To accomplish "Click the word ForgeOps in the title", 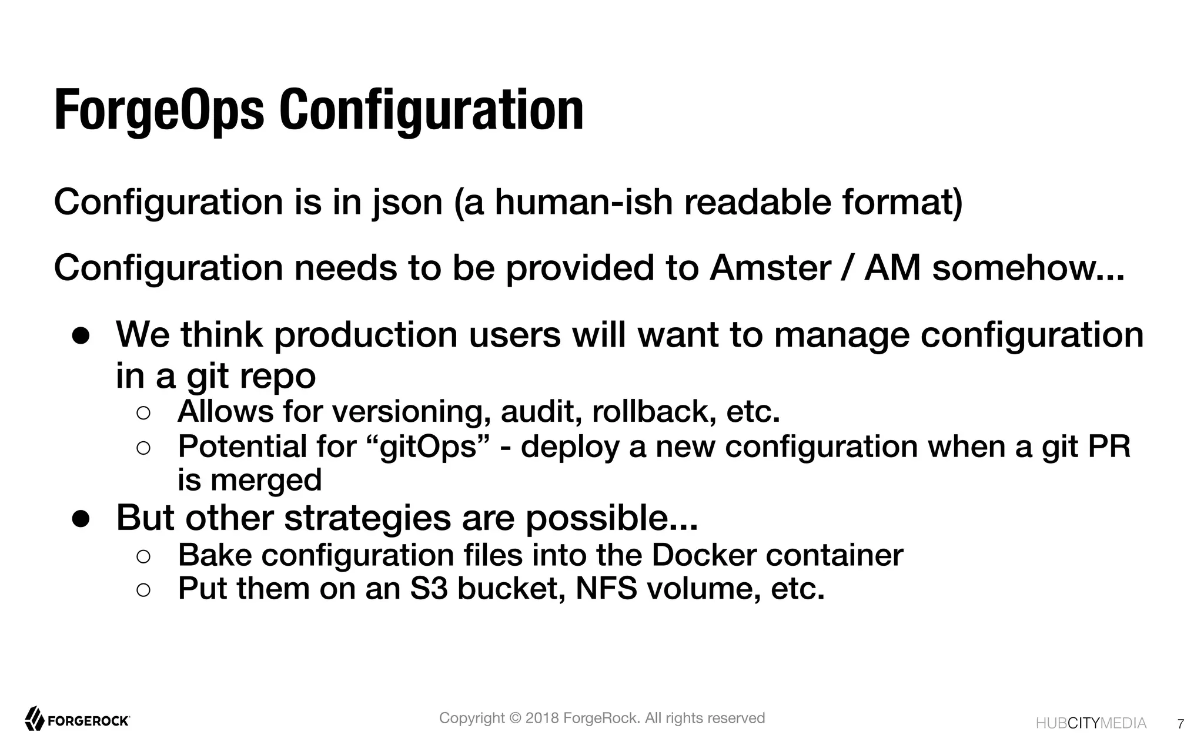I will (159, 110).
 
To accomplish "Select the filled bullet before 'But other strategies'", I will (81, 519).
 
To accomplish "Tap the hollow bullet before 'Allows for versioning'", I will (143, 412).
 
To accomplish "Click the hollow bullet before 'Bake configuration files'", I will (143, 556).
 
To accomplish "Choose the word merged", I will (266, 480).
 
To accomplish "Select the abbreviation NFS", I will (606, 589).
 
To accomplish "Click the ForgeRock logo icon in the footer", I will (34, 719).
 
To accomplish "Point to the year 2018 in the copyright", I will (542, 718).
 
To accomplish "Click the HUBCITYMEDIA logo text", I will (1091, 723).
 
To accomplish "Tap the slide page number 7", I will (1180, 724).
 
